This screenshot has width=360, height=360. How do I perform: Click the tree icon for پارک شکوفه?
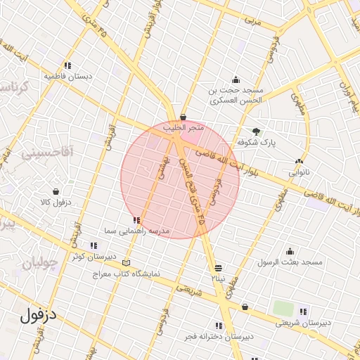click(x=256, y=131)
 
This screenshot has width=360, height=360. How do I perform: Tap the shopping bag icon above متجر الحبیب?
click(x=184, y=117)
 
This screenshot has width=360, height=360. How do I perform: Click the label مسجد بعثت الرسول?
click(x=290, y=262)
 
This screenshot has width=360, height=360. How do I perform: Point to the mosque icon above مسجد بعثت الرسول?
click(x=290, y=252)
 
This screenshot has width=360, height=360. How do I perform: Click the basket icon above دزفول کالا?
click(x=56, y=191)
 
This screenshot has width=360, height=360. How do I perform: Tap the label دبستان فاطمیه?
click(x=68, y=76)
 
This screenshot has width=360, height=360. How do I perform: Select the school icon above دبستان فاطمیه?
click(x=67, y=65)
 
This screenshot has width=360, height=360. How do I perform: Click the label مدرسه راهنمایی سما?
click(x=136, y=231)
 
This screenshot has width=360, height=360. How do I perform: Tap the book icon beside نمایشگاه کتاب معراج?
click(x=127, y=264)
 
